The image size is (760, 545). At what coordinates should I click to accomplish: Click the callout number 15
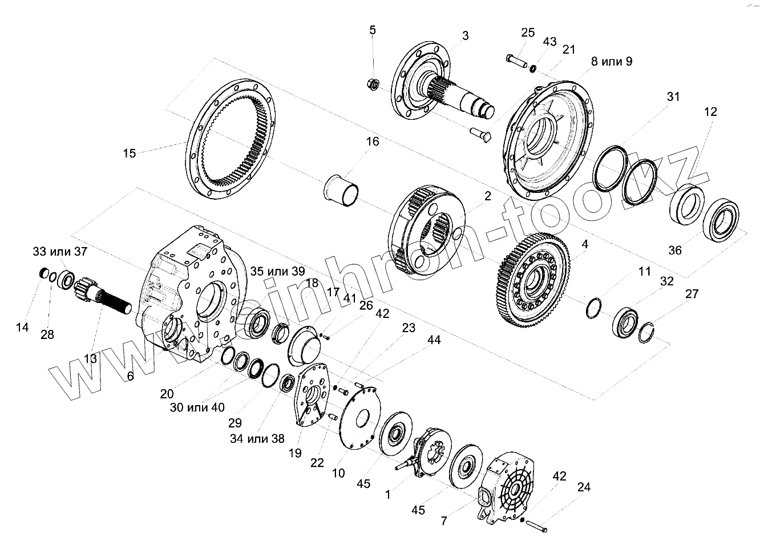[130, 153]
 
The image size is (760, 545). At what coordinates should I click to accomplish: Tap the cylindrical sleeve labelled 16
[341, 189]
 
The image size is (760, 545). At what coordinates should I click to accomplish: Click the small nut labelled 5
[373, 84]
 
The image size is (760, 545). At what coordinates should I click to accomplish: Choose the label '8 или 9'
[611, 62]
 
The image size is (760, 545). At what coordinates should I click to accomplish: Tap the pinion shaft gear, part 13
[103, 294]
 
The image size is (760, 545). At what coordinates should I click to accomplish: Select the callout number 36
[675, 250]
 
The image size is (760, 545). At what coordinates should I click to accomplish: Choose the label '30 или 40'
[197, 407]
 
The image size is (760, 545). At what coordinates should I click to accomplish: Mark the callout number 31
[673, 96]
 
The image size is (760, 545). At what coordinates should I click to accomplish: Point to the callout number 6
[130, 376]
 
